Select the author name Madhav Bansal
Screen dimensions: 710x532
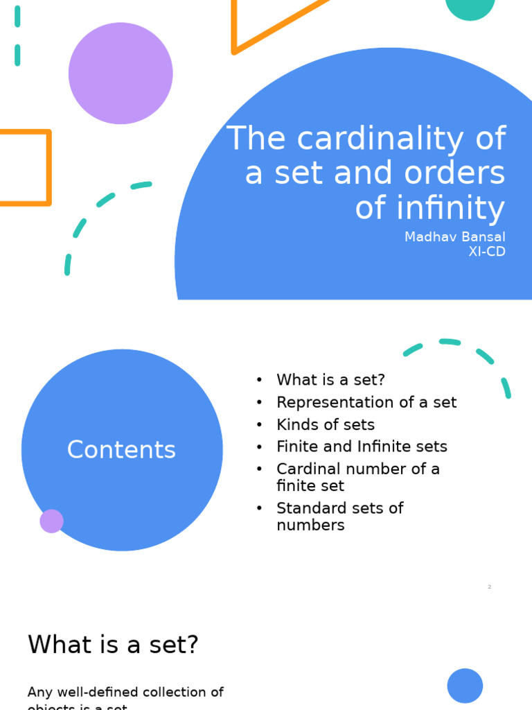point(454,237)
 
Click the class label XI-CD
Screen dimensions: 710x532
point(486,252)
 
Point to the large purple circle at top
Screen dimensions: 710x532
point(121,73)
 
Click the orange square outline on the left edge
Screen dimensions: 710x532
point(24,168)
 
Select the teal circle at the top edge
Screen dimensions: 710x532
point(470,7)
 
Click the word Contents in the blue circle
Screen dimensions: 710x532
point(121,450)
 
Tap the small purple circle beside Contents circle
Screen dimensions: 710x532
point(51,521)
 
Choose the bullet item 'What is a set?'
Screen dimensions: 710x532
point(330,380)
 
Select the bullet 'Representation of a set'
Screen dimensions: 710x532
point(366,402)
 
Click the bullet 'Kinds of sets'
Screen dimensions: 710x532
point(325,424)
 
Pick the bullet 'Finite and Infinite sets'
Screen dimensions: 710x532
point(362,447)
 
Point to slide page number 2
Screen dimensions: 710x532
point(489,587)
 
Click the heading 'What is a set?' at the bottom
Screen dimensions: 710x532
point(113,645)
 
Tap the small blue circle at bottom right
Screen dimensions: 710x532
point(465,686)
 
